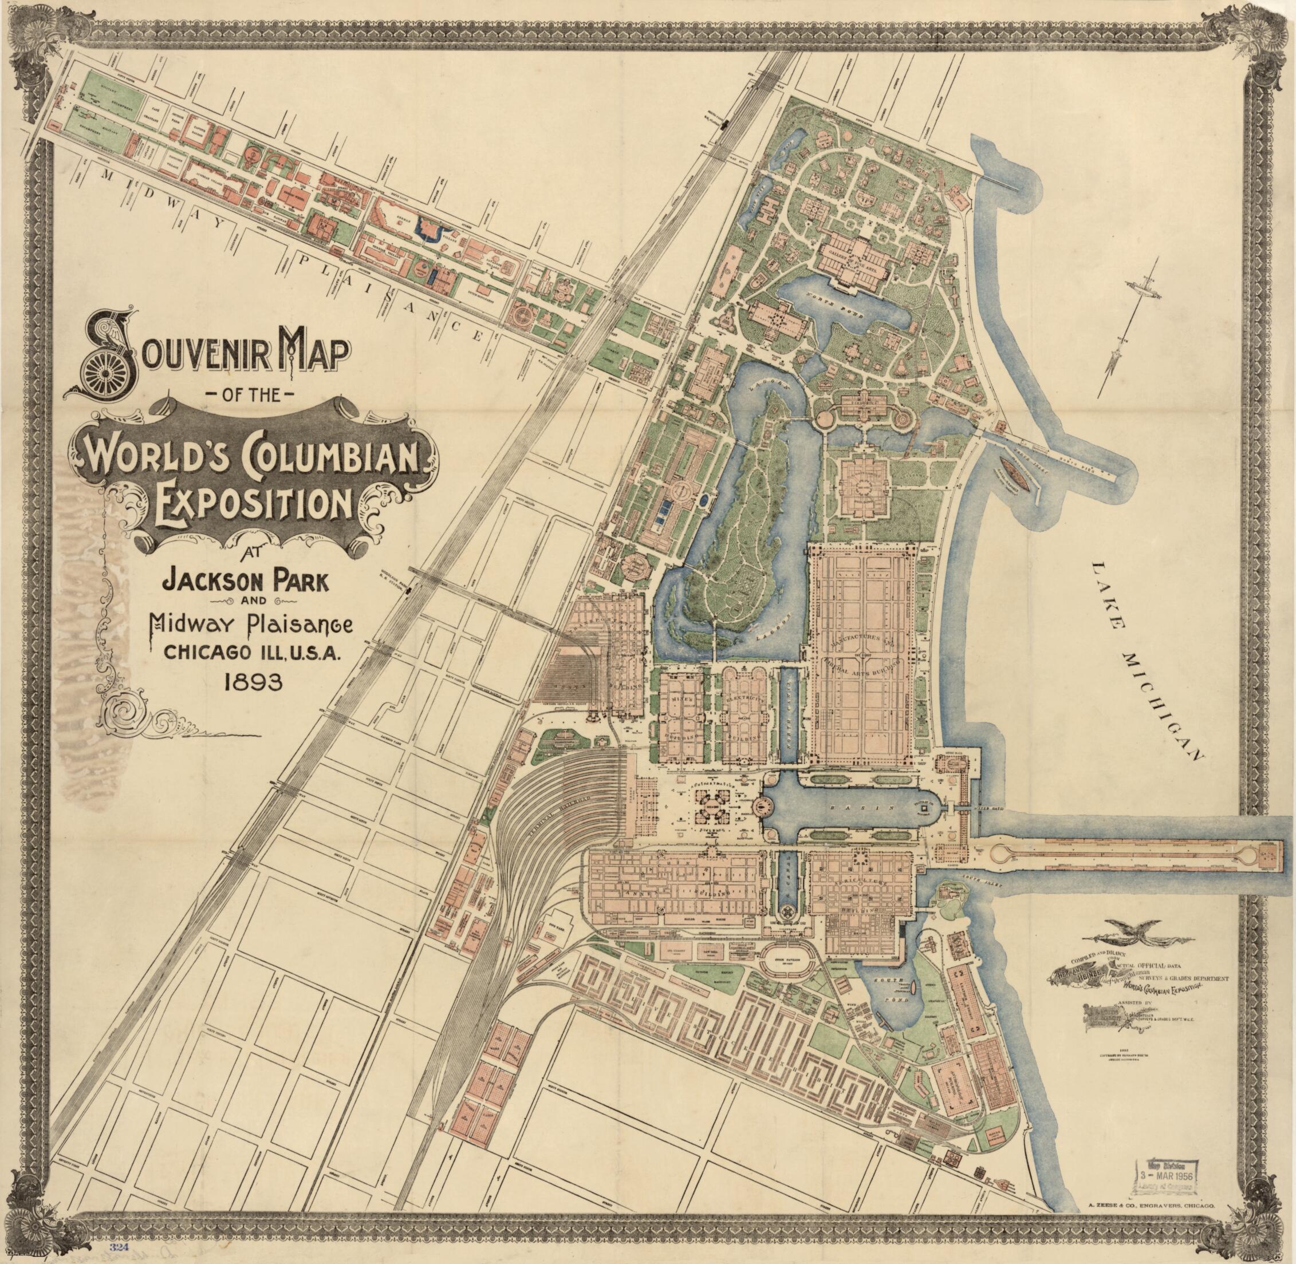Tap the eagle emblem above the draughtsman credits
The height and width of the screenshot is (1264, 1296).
[x=1117, y=937]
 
